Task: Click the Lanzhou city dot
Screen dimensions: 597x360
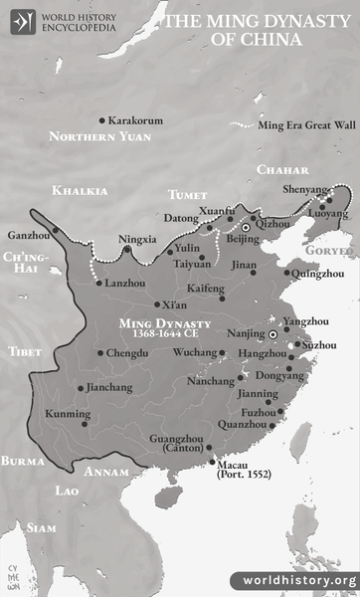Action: [x=97, y=284]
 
